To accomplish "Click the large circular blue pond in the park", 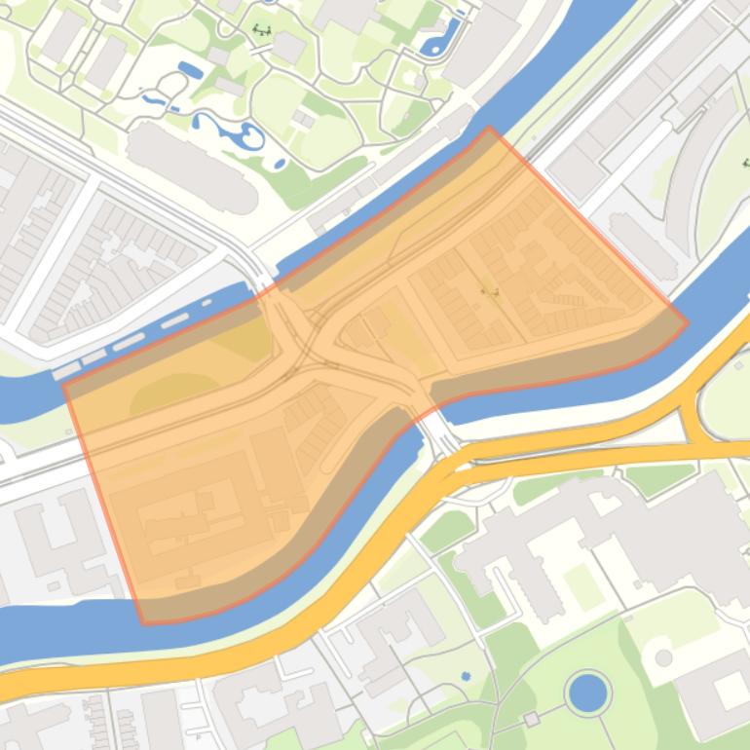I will [x=587, y=694].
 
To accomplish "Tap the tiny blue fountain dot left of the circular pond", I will [x=466, y=675].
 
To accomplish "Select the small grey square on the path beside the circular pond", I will [x=531, y=720].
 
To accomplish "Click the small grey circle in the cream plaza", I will [x=663, y=658].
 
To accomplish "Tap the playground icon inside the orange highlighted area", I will [x=489, y=290].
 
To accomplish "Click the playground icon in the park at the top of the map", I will [x=261, y=29].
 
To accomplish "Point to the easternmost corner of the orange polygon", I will [x=688, y=322].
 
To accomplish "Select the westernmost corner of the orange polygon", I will [x=63, y=386].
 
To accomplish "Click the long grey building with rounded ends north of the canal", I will [x=192, y=168].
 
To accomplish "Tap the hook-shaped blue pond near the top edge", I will [x=441, y=37].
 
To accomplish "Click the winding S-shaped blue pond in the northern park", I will [x=234, y=132].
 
